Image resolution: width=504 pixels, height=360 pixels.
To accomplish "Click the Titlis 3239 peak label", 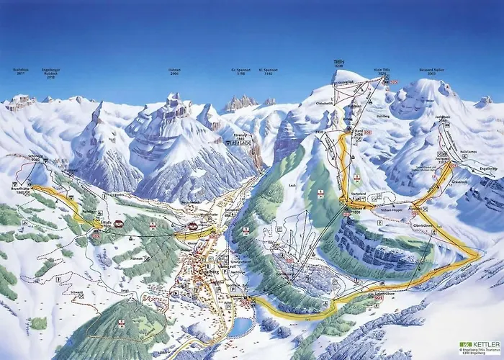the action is coord(339,63).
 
